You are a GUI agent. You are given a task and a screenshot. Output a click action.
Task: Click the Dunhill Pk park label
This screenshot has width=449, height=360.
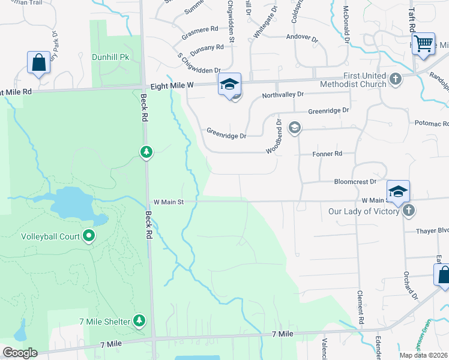tap(110, 57)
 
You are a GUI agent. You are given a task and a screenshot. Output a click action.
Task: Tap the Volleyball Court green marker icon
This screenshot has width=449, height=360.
tap(89, 236)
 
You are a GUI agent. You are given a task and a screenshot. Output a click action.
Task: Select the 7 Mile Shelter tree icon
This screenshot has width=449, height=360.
tap(139, 321)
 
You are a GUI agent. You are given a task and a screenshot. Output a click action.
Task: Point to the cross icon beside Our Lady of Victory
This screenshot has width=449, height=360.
tap(408, 211)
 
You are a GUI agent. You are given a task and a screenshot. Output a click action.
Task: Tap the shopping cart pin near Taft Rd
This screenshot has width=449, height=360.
tap(424, 43)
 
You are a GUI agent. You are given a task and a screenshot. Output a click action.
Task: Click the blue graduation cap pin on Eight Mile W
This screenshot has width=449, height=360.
tap(229, 85)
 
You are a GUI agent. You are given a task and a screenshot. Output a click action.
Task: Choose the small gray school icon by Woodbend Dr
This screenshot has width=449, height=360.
tap(294, 127)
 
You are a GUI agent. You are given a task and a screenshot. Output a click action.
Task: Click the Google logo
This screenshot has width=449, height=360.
tap(19, 353)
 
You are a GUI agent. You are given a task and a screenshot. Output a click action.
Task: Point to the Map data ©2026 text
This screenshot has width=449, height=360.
tap(424, 355)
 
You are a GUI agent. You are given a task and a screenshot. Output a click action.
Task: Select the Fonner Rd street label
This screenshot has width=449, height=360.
tap(327, 154)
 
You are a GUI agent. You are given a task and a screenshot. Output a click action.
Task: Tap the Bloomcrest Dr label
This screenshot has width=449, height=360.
tap(355, 181)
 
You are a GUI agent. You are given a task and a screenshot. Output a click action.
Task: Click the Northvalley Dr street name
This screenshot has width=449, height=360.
tap(283, 95)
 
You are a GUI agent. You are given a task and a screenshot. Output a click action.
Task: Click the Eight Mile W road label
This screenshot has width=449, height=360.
tap(172, 86)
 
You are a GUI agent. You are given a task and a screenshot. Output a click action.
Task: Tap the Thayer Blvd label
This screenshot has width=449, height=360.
tap(432, 230)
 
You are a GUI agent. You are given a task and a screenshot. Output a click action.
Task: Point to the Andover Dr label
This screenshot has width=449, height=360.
tap(302, 37)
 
